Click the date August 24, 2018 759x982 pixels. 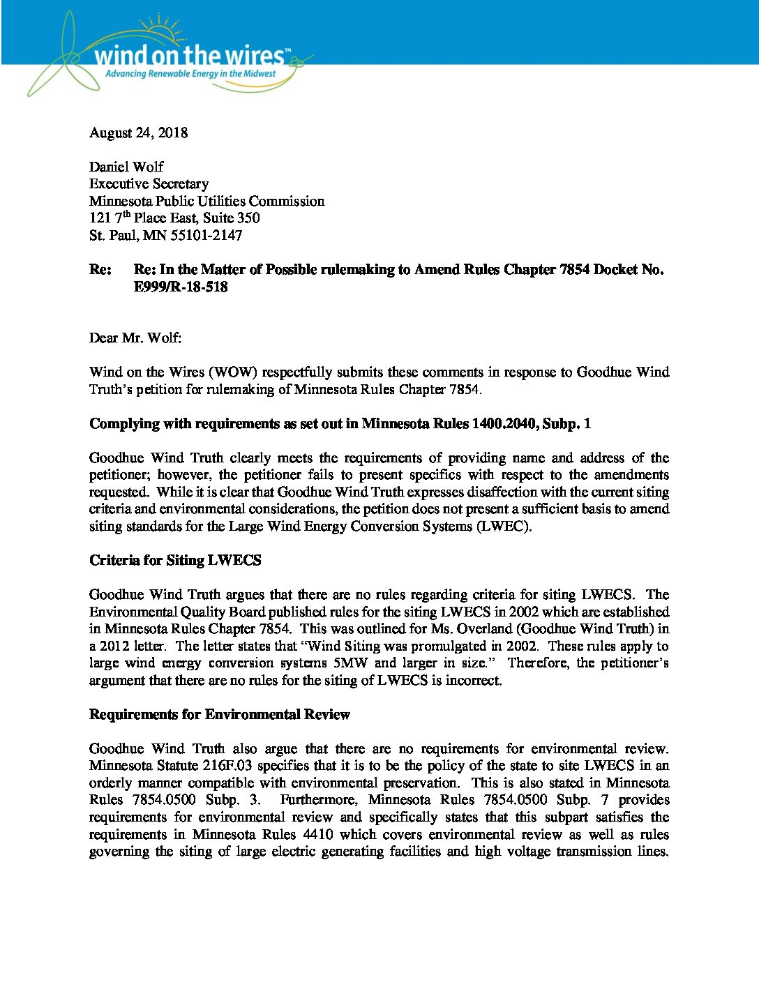(x=138, y=133)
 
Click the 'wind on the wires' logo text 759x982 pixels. (x=188, y=56)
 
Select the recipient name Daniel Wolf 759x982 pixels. (x=126, y=167)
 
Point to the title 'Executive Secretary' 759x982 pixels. (x=149, y=183)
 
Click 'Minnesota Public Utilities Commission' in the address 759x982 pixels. (x=206, y=201)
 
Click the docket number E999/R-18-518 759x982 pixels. (x=181, y=287)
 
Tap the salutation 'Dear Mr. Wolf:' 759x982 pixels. (x=135, y=338)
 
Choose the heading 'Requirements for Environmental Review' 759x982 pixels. (x=220, y=714)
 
